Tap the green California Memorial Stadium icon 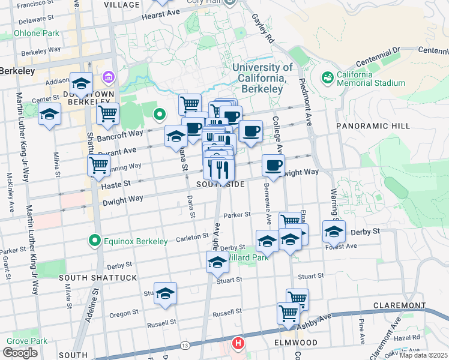coord(327,77)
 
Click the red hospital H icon coord(238,344)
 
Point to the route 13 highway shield coord(185,346)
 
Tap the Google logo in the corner coord(20,353)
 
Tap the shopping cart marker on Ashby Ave coord(289,313)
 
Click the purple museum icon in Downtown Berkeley coord(108,77)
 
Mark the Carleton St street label coord(191,238)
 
